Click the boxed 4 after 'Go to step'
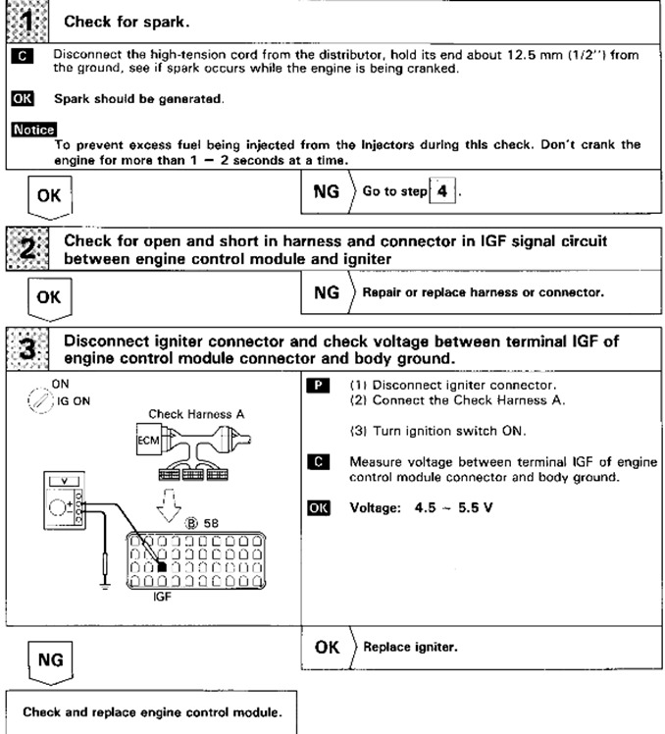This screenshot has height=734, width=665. (x=442, y=191)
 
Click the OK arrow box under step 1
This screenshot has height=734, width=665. (x=48, y=196)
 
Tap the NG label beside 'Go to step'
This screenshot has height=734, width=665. (x=326, y=191)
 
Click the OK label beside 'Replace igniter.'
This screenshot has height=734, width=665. (x=328, y=647)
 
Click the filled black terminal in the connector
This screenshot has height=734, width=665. (x=161, y=566)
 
